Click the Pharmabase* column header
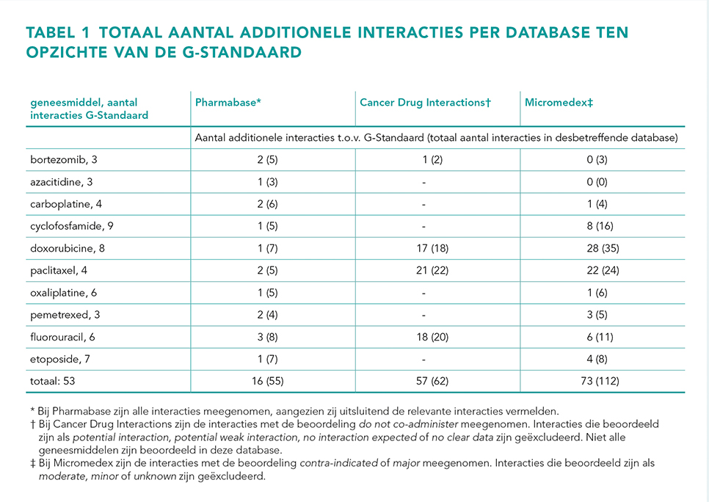pyautogui.click(x=228, y=103)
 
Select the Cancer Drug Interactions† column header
pyautogui.click(x=425, y=103)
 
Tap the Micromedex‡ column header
pyautogui.click(x=559, y=103)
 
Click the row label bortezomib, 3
pyautogui.click(x=64, y=160)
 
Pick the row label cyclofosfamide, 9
pyautogui.click(x=72, y=226)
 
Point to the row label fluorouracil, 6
pyautogui.click(x=62, y=337)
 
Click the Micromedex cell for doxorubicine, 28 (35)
pyautogui.click(x=603, y=248)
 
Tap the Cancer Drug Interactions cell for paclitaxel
pyautogui.click(x=432, y=270)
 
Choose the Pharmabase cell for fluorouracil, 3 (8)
pyautogui.click(x=267, y=337)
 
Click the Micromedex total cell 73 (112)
pyautogui.click(x=600, y=381)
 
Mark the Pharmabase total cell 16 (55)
pyautogui.click(x=268, y=381)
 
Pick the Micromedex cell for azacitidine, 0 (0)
pyautogui.click(x=597, y=182)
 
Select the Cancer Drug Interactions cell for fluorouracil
pyautogui.click(x=432, y=337)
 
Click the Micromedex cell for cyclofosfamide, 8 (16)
pyautogui.click(x=600, y=226)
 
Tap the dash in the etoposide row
pyautogui.click(x=423, y=360)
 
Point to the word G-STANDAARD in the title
pyautogui.click(x=242, y=52)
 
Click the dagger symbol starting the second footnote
pyautogui.click(x=32, y=425)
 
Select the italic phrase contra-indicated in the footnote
pyautogui.click(x=338, y=463)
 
